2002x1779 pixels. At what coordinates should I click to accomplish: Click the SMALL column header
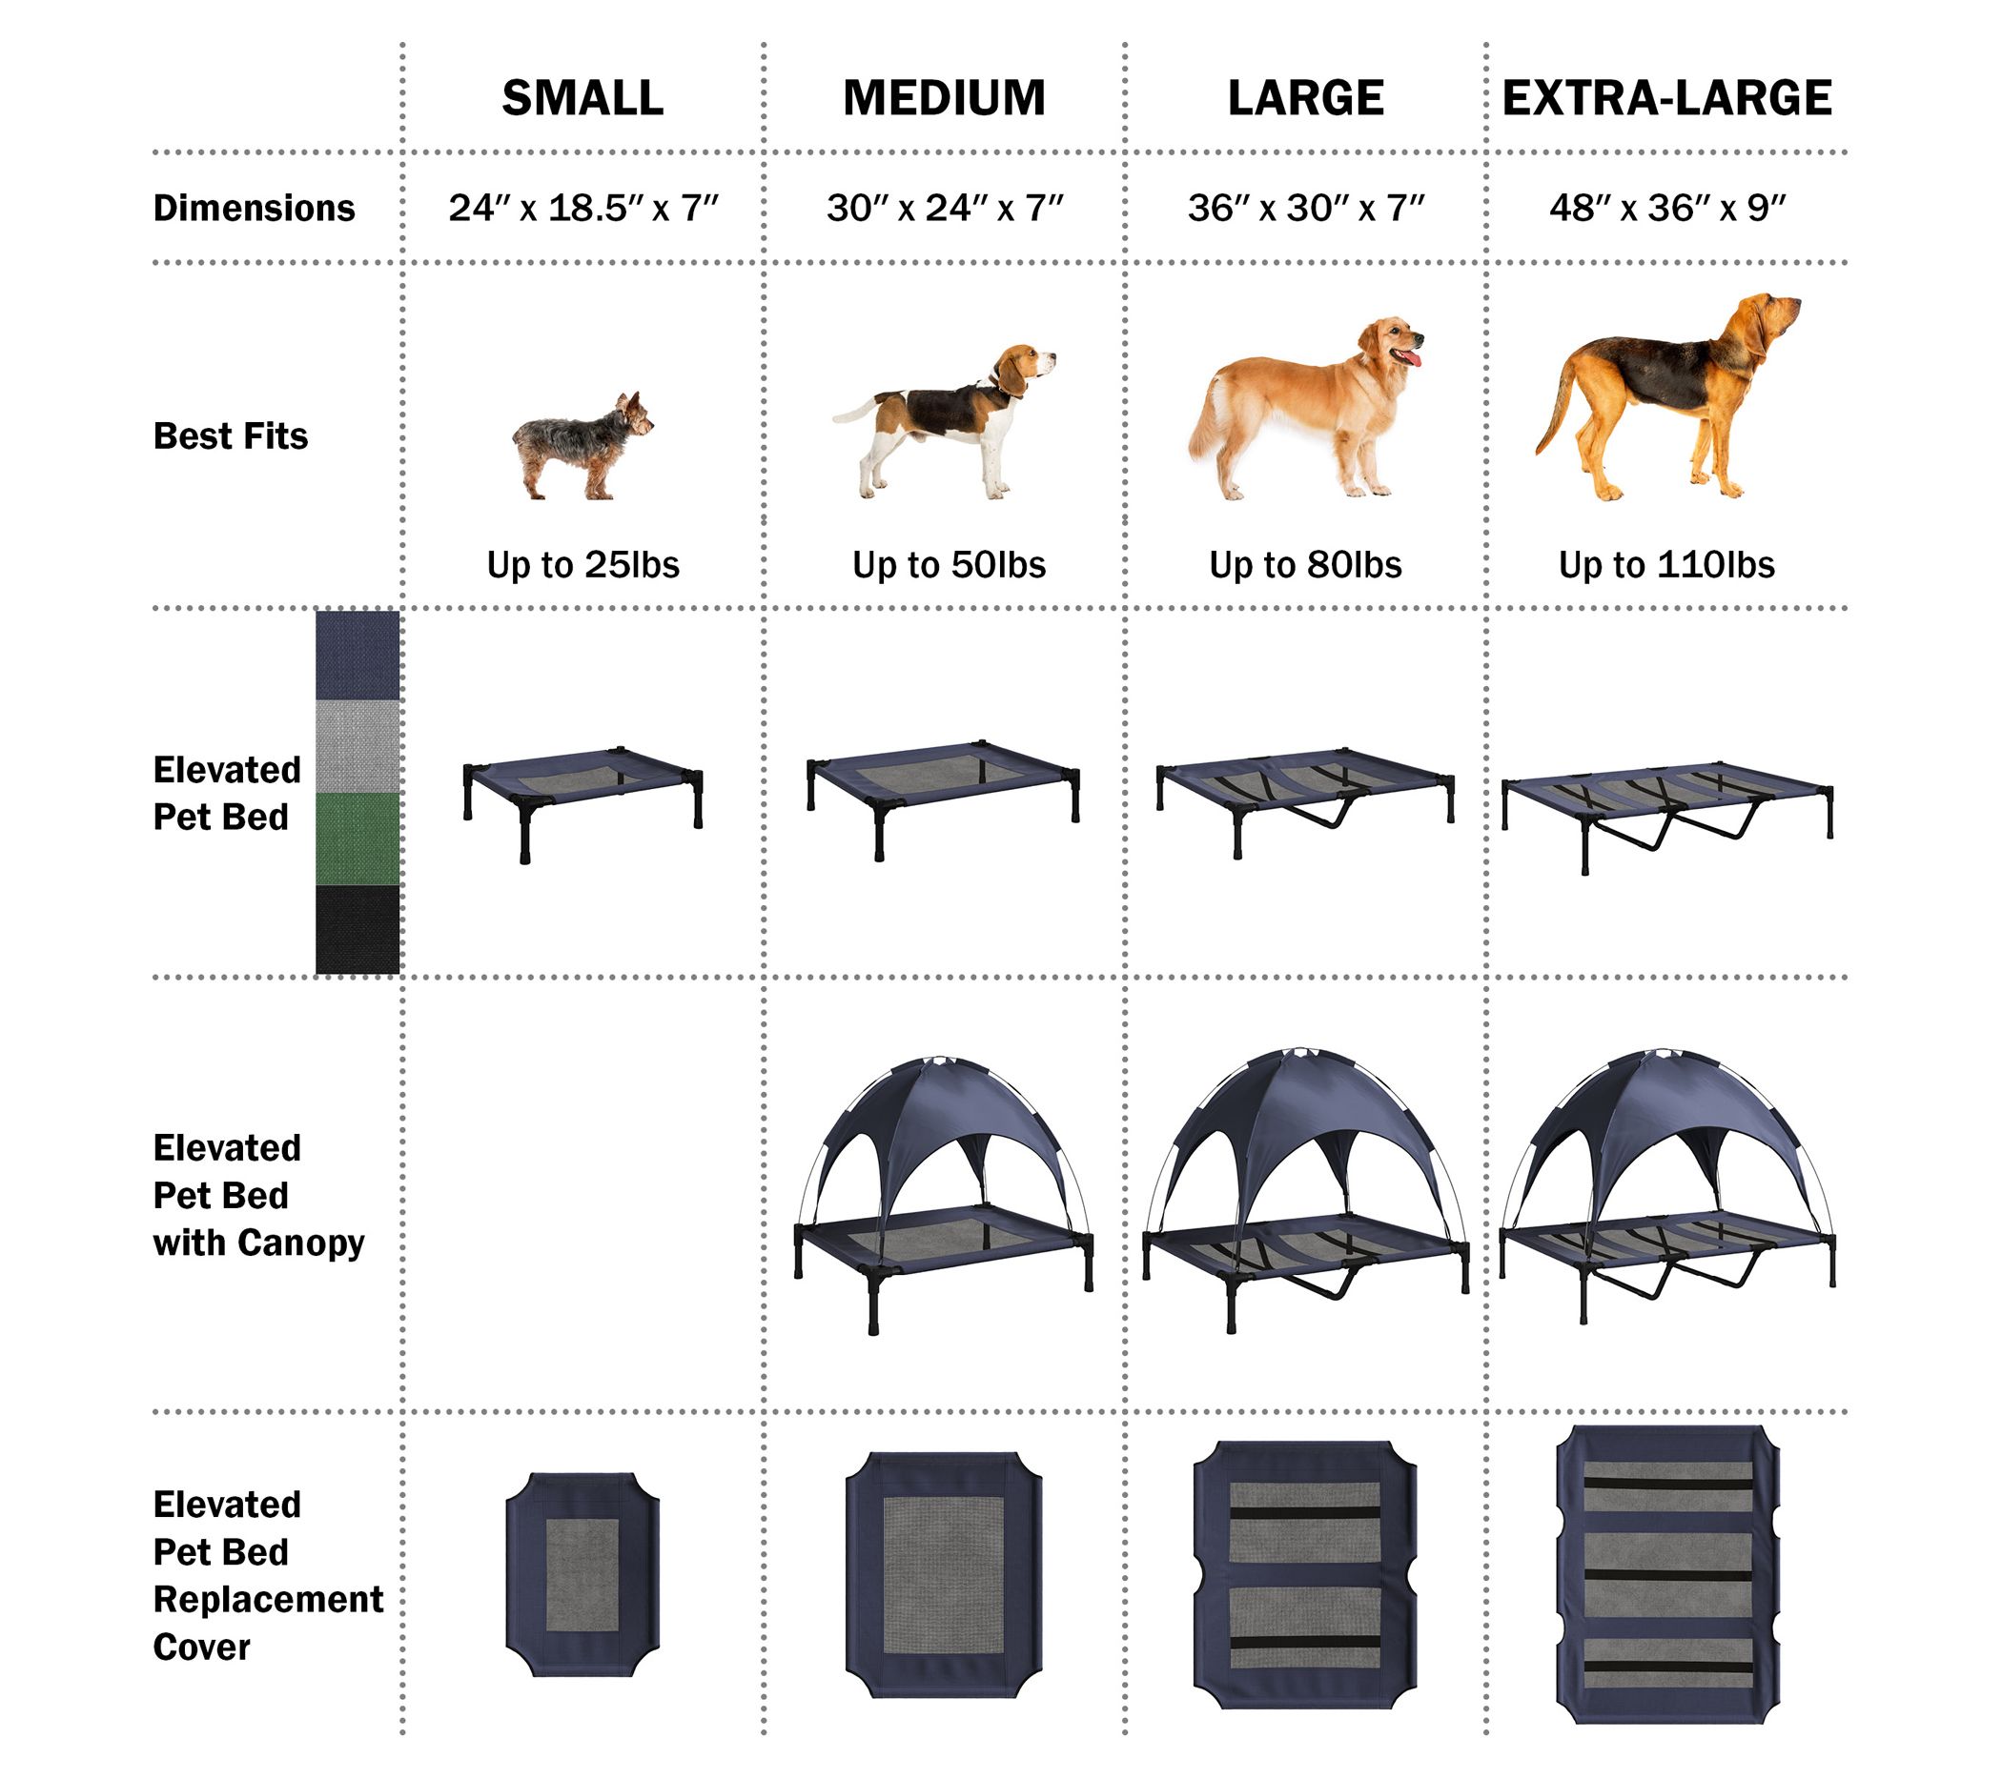582,98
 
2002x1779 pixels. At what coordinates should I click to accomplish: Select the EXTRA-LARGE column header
1667,98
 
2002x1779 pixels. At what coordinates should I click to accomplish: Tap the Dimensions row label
254,208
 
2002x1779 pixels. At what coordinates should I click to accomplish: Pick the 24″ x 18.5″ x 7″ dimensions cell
582,208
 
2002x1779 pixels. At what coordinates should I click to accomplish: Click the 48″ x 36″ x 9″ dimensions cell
1667,208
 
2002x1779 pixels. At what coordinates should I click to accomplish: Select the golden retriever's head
1391,343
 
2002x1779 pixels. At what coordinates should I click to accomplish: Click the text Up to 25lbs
582,565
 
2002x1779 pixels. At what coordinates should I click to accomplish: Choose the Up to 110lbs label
1667,565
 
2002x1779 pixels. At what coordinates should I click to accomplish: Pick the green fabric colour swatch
357,839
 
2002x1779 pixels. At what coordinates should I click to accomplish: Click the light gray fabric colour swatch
357,746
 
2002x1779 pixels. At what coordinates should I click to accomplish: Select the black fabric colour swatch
357,930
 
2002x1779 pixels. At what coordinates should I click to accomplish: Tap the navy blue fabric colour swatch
357,654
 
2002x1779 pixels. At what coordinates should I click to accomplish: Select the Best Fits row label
230,435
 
